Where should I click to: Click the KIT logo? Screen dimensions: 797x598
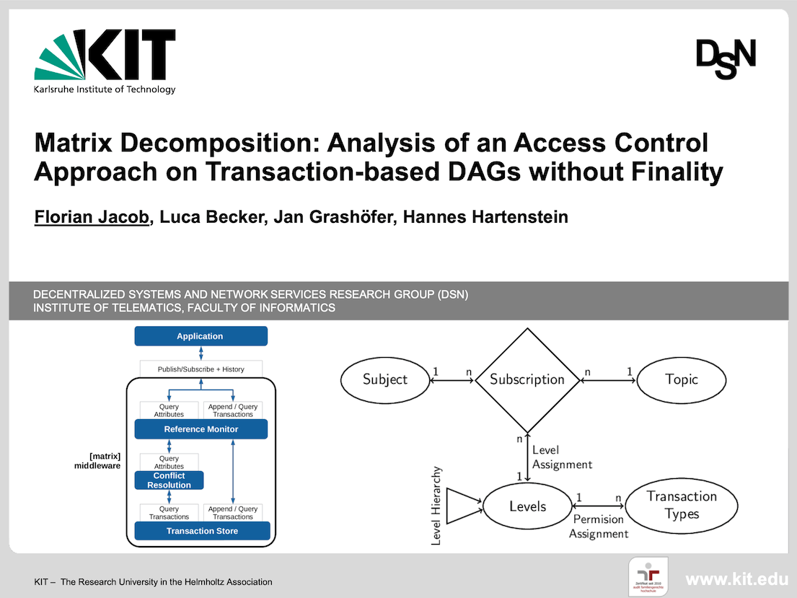coord(105,61)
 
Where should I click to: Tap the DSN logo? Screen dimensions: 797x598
coord(726,58)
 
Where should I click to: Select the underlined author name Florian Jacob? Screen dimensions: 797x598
coord(92,216)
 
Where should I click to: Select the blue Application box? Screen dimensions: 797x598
coord(201,336)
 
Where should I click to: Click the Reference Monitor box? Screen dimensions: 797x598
coord(201,429)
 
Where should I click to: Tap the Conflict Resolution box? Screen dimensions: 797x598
coord(169,480)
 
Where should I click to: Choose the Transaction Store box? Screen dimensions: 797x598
coord(202,531)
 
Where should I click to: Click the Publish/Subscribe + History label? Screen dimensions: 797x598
coord(201,369)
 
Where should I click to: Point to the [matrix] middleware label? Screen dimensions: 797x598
coord(97,461)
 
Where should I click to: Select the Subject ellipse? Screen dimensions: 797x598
coord(385,379)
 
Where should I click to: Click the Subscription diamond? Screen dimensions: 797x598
coord(527,379)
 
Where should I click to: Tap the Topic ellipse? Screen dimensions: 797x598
coord(682,379)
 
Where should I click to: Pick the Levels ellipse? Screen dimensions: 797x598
coord(527,506)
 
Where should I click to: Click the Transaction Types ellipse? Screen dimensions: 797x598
coord(682,505)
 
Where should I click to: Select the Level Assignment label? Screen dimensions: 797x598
coord(562,457)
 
